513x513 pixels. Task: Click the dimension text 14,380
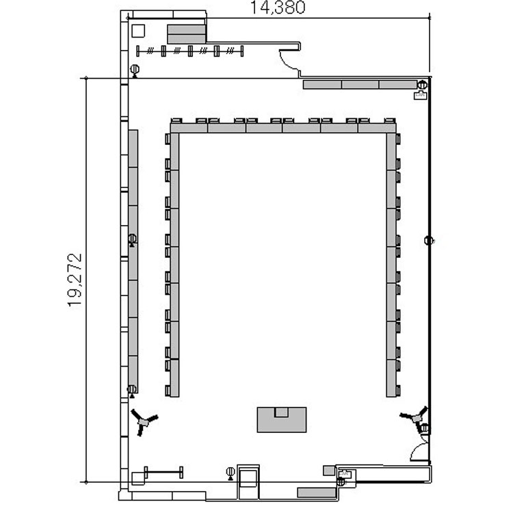pyautogui.click(x=278, y=8)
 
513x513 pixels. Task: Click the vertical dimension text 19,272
pyautogui.click(x=75, y=280)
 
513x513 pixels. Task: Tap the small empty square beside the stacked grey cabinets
pyautogui.click(x=138, y=31)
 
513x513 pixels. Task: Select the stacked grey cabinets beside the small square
pyautogui.click(x=187, y=34)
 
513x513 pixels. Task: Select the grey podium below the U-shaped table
pyautogui.click(x=282, y=420)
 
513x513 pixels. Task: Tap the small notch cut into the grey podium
pyautogui.click(x=281, y=412)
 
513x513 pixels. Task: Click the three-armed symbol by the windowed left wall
pyautogui.click(x=143, y=421)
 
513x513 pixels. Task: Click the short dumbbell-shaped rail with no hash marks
pyautogui.click(x=163, y=472)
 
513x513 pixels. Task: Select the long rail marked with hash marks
pyautogui.click(x=189, y=51)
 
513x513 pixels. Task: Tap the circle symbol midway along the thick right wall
pyautogui.click(x=429, y=241)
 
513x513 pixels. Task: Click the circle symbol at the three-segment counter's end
pyautogui.click(x=423, y=85)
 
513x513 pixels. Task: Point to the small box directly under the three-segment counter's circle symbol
pyautogui.click(x=421, y=95)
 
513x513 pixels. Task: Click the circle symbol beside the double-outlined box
pyautogui.click(x=231, y=472)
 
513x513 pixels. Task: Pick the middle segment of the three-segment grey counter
pyautogui.click(x=360, y=84)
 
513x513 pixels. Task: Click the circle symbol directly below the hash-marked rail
pyautogui.click(x=135, y=70)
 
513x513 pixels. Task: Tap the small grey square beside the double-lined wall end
pyautogui.click(x=329, y=471)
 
